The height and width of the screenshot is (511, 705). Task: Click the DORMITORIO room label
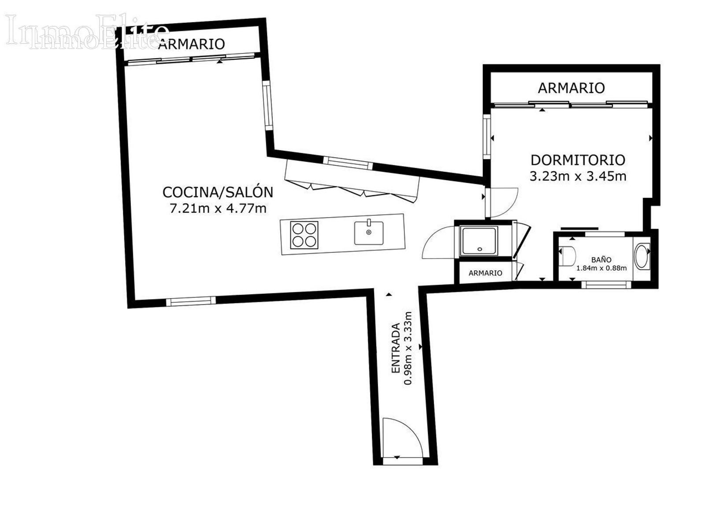pyautogui.click(x=578, y=160)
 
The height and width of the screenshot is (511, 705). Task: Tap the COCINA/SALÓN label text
pyautogui.click(x=218, y=192)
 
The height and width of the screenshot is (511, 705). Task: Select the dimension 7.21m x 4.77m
pyautogui.click(x=218, y=208)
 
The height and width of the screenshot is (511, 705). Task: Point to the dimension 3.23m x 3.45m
pyautogui.click(x=578, y=176)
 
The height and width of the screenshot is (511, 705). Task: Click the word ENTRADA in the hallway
pyautogui.click(x=396, y=348)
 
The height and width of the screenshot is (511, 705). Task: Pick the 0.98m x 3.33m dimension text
pyautogui.click(x=408, y=348)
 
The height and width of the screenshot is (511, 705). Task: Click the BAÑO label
pyautogui.click(x=601, y=260)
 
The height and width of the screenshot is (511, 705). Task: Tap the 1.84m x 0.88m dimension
pyautogui.click(x=601, y=268)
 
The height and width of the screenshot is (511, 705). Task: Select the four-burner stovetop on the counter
pyautogui.click(x=304, y=235)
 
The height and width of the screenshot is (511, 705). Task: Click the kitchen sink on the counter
pyautogui.click(x=369, y=233)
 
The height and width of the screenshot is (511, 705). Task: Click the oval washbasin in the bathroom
pyautogui.click(x=642, y=256)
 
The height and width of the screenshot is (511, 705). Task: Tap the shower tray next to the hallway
pyautogui.click(x=479, y=241)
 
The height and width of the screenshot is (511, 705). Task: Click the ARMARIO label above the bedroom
pyautogui.click(x=571, y=88)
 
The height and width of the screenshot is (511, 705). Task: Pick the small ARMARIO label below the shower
pyautogui.click(x=485, y=273)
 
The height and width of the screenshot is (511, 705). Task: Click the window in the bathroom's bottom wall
pyautogui.click(x=606, y=285)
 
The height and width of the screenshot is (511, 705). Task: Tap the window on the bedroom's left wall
pyautogui.click(x=487, y=137)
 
